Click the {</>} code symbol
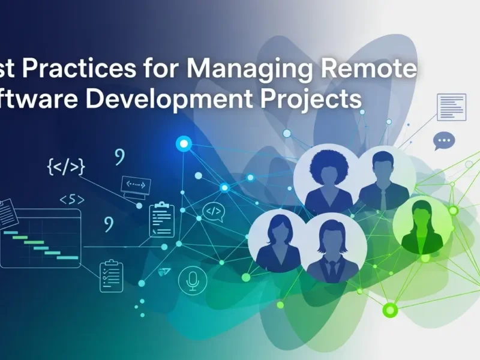[65, 166]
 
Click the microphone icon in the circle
[193, 280]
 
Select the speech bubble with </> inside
[213, 211]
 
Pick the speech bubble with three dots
[444, 142]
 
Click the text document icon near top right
[451, 107]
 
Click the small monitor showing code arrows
[135, 185]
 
